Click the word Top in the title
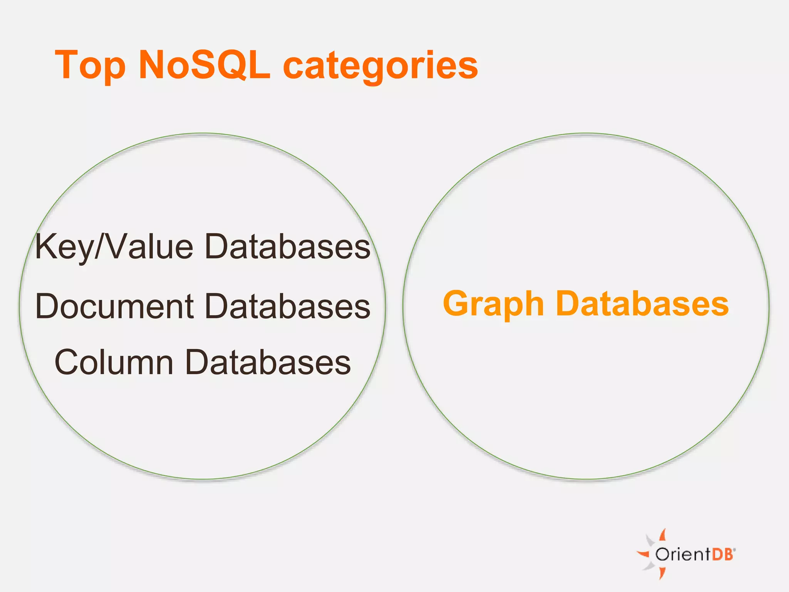tap(91, 66)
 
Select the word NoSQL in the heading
tap(204, 66)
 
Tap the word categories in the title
tap(380, 66)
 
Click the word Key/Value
tap(114, 247)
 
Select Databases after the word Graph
tap(642, 304)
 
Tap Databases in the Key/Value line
tap(287, 247)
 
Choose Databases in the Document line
tap(287, 306)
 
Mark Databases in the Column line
tap(268, 362)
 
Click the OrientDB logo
tap(686, 554)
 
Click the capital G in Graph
tap(458, 304)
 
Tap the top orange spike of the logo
tap(663, 535)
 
